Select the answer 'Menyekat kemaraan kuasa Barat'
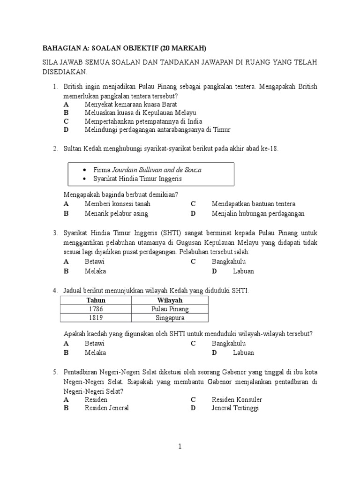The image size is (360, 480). pos(131,104)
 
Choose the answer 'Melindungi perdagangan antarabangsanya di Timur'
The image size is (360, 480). pos(157,129)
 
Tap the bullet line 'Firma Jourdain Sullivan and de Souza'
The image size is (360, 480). pos(147,170)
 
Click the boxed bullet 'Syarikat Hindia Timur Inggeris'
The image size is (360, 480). pos(137,179)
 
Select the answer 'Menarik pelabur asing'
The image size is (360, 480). pos(116,213)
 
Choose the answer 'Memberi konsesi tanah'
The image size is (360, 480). pos(118,204)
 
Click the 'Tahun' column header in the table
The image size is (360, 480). pos(96,300)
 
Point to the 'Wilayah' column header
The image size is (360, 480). pos(170,300)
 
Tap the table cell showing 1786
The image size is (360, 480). pos(96,309)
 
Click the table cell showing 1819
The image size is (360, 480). pos(96,318)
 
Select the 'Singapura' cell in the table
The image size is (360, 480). pos(170,318)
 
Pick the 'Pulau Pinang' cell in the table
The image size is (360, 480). pos(170,309)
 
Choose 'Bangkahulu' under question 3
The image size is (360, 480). pos(229,262)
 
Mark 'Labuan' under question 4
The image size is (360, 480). pos(243,352)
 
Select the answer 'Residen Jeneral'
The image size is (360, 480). pos(106,408)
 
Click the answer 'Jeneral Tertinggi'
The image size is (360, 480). pos(235,408)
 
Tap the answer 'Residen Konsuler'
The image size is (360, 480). pos(237,399)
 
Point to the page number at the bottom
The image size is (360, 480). pos(180,447)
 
